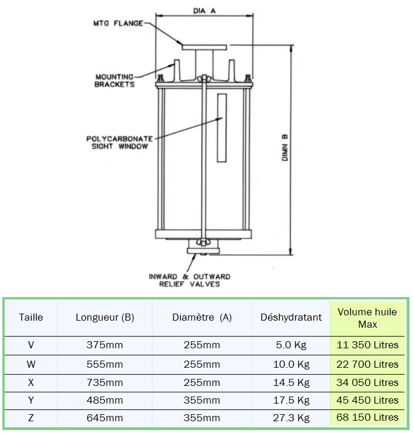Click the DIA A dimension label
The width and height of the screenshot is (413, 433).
tap(204, 11)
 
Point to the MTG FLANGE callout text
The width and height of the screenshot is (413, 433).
tap(118, 23)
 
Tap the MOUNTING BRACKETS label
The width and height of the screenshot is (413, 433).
tap(114, 81)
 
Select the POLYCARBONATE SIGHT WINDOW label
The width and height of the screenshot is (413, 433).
tap(120, 142)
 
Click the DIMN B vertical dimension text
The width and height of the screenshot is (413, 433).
tap(285, 148)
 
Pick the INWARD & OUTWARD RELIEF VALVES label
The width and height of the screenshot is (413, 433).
tap(190, 280)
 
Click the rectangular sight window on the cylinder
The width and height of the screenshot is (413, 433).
tap(222, 128)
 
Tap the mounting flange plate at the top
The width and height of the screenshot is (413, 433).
tap(204, 47)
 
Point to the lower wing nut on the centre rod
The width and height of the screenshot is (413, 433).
tap(204, 242)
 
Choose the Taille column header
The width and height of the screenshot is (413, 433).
tap(31, 317)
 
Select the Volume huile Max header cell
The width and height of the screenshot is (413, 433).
tap(368, 318)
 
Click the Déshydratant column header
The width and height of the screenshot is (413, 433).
tap(291, 317)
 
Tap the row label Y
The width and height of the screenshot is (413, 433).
tap(31, 400)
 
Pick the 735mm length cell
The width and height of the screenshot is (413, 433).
tap(104, 382)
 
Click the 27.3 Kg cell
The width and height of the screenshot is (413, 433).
tap(291, 418)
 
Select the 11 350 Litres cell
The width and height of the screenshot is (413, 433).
tap(368, 345)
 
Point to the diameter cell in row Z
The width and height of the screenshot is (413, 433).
tap(201, 418)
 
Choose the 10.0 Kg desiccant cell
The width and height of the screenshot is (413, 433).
tap(291, 365)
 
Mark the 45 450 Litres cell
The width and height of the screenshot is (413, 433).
tap(368, 400)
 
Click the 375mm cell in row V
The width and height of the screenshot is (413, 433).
tap(104, 345)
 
